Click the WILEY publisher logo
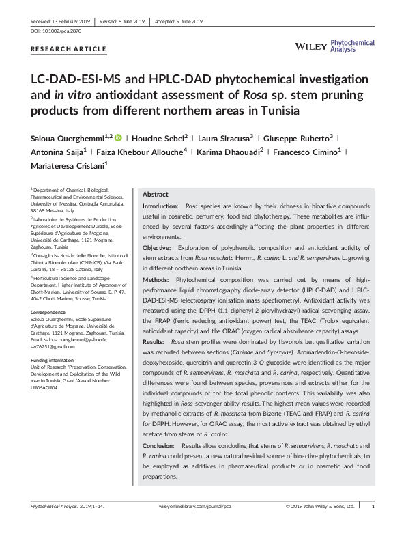(x=310, y=45)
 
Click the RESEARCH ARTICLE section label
(x=69, y=49)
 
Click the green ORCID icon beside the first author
(x=118, y=137)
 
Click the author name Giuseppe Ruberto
(x=299, y=137)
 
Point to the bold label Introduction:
(x=161, y=206)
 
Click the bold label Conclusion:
(x=159, y=445)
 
